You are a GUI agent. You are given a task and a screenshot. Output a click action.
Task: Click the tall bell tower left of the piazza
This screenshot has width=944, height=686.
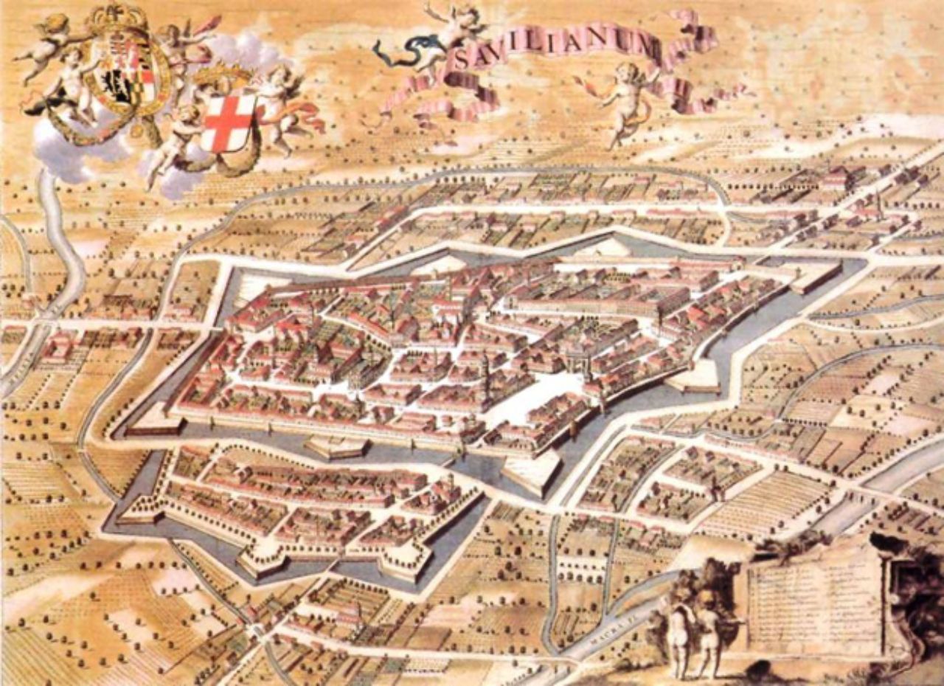pyautogui.click(x=485, y=376)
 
